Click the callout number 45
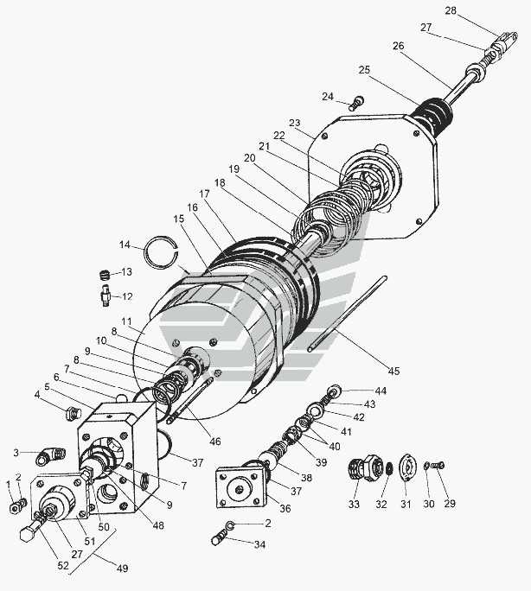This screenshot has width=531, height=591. point(393,371)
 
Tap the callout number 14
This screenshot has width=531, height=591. point(125,245)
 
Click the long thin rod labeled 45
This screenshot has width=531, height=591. point(347,314)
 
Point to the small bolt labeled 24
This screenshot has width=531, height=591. point(356,104)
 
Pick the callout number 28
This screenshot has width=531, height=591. point(451,10)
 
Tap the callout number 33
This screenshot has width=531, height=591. point(354,504)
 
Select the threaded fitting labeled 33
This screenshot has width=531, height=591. point(365,467)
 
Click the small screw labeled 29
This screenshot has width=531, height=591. point(438,466)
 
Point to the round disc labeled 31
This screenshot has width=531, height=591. point(407,467)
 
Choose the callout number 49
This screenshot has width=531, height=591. point(122,568)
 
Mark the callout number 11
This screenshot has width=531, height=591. point(126,321)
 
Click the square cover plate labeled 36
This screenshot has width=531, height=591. point(240,487)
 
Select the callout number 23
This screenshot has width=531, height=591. point(295,123)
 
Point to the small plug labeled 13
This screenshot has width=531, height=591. point(105,275)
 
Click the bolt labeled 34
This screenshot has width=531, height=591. point(220,537)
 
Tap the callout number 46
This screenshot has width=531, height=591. point(214,441)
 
